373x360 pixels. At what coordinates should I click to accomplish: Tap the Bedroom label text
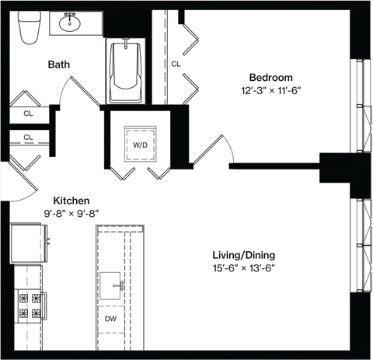point(270,77)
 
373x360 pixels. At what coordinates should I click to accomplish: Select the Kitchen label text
point(71,201)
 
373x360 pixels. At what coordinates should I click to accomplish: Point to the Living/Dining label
point(244,255)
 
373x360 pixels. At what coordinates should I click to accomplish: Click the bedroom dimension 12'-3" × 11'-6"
point(271,90)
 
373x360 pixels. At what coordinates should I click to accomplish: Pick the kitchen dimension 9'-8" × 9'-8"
point(71,213)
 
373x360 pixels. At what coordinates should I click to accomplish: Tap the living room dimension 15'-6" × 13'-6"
point(244,268)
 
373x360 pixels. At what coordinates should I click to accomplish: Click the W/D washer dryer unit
point(141,144)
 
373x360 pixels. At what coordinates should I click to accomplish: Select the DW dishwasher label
point(112,318)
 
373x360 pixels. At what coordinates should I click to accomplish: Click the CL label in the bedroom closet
point(176,64)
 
